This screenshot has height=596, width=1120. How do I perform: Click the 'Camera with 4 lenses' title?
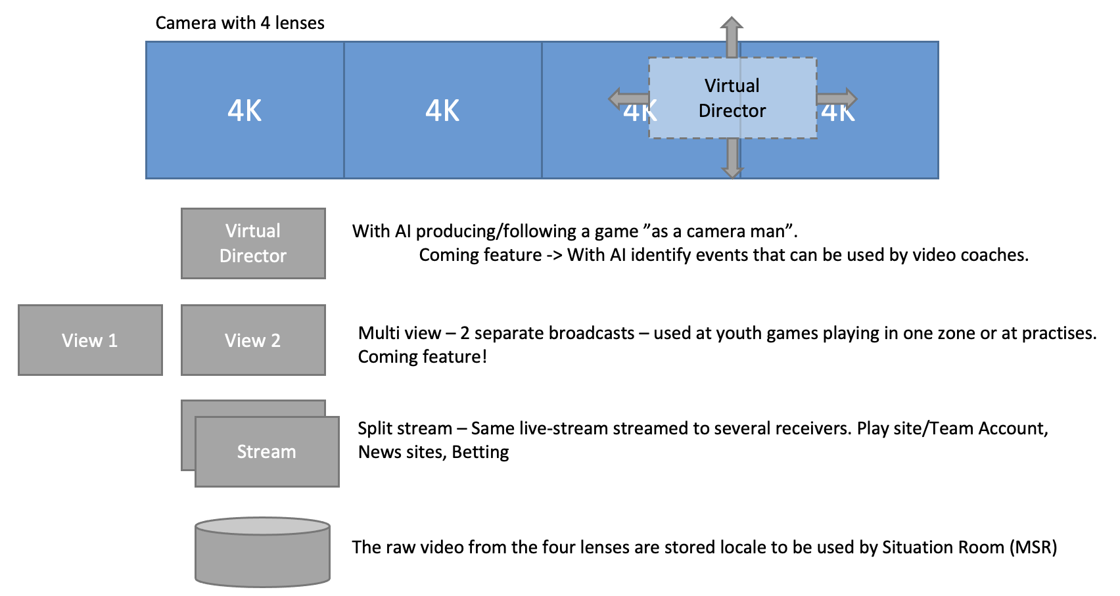[240, 23]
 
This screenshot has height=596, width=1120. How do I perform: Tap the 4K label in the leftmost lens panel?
[245, 110]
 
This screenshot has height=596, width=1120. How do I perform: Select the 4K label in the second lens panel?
[442, 110]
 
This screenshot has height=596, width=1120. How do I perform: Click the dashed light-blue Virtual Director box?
[732, 98]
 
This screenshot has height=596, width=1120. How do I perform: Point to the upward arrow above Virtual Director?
[732, 35]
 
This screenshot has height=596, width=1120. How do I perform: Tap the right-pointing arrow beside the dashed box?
[837, 99]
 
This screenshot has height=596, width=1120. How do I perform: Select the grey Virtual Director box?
[253, 243]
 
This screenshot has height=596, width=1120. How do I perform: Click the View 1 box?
[90, 340]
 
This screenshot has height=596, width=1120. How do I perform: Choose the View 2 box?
[253, 340]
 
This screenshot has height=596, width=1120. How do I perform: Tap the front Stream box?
[267, 451]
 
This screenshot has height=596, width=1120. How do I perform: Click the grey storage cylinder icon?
[262, 552]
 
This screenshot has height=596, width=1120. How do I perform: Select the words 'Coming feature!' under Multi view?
[422, 357]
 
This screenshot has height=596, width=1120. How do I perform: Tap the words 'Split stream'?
[404, 428]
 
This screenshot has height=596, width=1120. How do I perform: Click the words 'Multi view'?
[399, 333]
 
